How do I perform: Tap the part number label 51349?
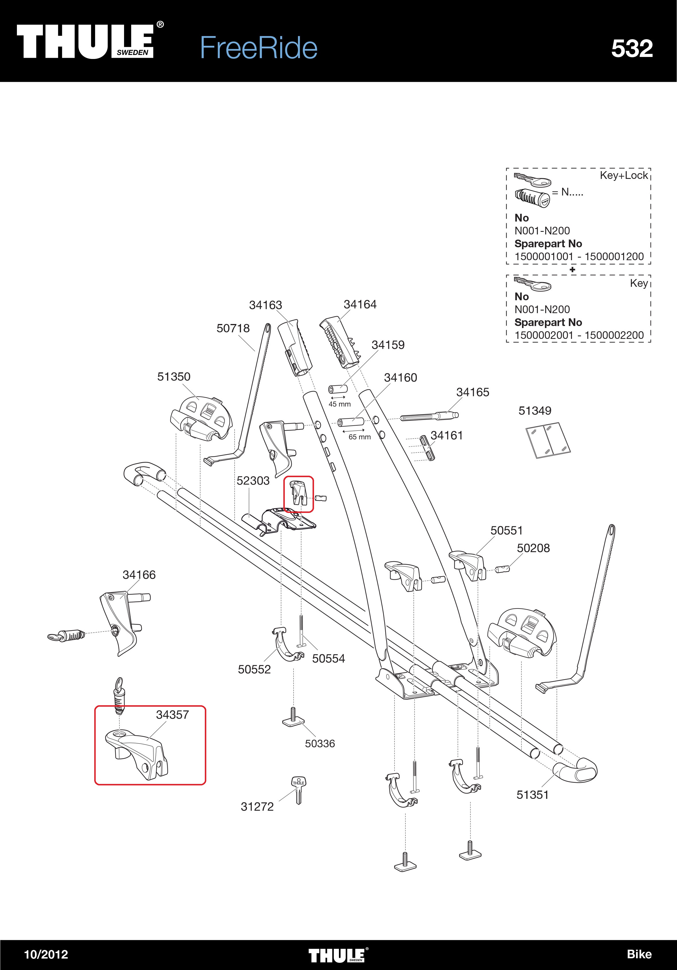pyautogui.click(x=535, y=411)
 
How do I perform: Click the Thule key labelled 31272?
pyautogui.click(x=299, y=790)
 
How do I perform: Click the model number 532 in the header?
pyautogui.click(x=632, y=49)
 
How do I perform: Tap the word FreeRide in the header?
pyautogui.click(x=258, y=48)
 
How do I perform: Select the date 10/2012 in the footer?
pyautogui.click(x=46, y=954)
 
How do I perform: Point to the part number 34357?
pyautogui.click(x=172, y=715)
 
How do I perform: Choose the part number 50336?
pyautogui.click(x=320, y=744)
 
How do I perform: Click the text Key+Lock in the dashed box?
pyautogui.click(x=624, y=175)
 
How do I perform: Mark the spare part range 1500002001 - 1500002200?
pyautogui.click(x=578, y=335)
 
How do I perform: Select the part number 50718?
pyautogui.click(x=233, y=328)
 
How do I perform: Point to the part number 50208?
pyautogui.click(x=533, y=548)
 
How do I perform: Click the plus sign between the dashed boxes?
pyautogui.click(x=572, y=270)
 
